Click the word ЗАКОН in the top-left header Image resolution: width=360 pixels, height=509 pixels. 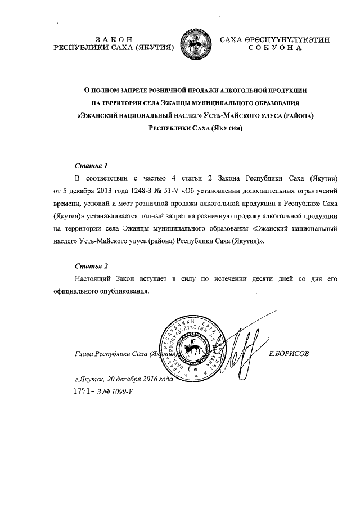[114, 39]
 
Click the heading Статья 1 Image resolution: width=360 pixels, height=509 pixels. [91, 166]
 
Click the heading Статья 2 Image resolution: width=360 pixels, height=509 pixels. [91, 265]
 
